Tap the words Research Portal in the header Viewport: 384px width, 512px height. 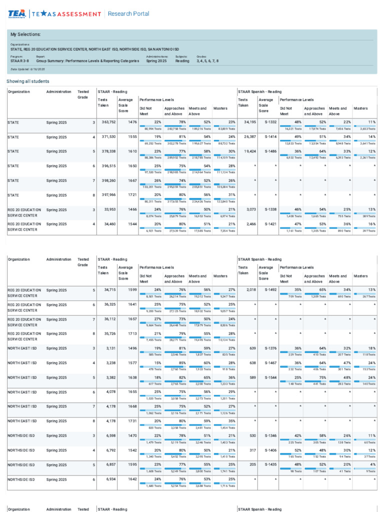(128, 13)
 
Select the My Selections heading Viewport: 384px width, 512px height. (26, 34)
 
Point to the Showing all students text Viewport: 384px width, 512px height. (28, 81)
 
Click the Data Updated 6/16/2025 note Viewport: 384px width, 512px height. (28, 69)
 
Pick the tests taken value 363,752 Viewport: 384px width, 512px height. (105, 122)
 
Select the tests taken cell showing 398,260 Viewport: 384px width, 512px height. (105, 180)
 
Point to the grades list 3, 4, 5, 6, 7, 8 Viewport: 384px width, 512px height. (207, 61)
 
